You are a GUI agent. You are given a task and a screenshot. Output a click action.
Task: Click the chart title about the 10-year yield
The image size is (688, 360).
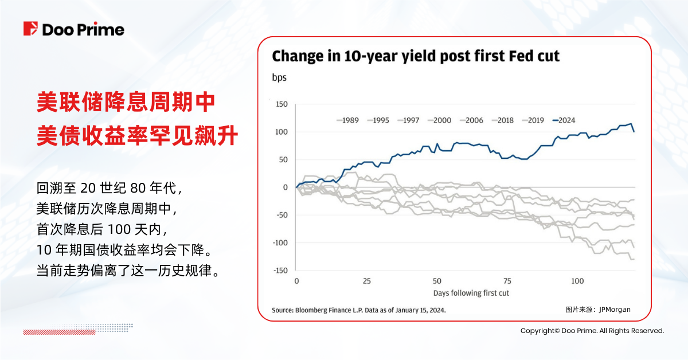click(415, 56)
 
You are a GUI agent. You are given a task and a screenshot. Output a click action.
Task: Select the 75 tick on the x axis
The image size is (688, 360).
click(507, 281)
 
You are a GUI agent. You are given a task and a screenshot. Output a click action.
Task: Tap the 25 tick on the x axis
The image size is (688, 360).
click(367, 281)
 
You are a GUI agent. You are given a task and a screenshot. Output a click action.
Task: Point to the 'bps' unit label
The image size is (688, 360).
click(279, 77)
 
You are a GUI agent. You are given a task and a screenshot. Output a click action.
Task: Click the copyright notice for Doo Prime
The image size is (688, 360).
click(592, 331)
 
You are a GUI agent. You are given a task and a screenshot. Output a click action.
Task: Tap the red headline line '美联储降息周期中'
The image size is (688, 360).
click(126, 103)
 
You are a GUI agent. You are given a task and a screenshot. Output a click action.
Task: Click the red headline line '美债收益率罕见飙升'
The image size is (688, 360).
click(137, 136)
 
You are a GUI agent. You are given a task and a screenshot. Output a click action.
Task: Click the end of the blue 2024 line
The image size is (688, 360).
click(634, 131)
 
